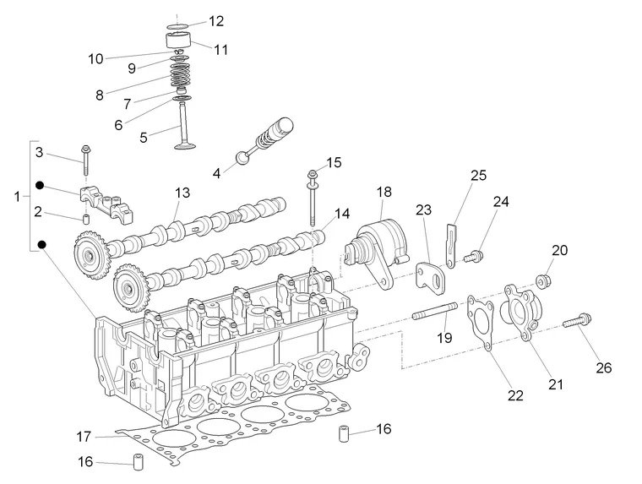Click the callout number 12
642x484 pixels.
pyautogui.click(x=216, y=21)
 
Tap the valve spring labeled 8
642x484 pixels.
pyautogui.click(x=180, y=76)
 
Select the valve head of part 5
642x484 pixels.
pyautogui.click(x=186, y=145)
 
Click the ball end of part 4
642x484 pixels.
pyautogui.click(x=242, y=158)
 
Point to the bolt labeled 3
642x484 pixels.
pyautogui.click(x=86, y=160)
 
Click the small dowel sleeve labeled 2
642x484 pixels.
pyautogui.click(x=86, y=219)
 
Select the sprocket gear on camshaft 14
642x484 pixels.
pyautogui.click(x=130, y=288)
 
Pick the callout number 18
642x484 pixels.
pyautogui.click(x=384, y=192)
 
